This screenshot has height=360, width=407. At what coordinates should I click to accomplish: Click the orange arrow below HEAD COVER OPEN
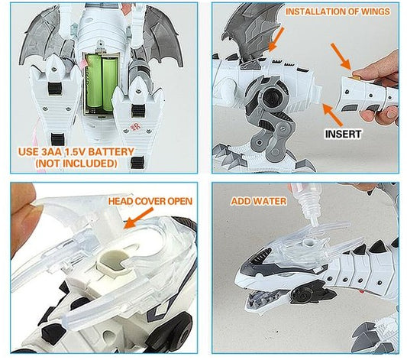pos(138,221)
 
